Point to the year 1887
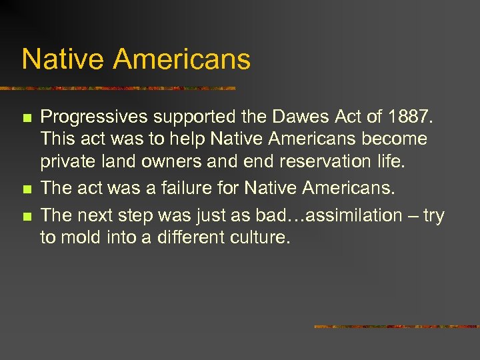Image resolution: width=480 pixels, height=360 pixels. point(409,117)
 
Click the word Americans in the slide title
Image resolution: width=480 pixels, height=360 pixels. point(181,59)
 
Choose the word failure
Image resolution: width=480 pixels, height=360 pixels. point(185,188)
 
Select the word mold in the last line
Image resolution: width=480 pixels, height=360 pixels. point(83,238)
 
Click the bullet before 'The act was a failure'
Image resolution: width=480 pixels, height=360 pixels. point(26,189)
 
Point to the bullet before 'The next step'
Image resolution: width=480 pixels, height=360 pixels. point(26,216)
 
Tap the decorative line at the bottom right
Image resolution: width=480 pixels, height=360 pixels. point(397,327)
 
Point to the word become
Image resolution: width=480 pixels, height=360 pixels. point(395,140)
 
